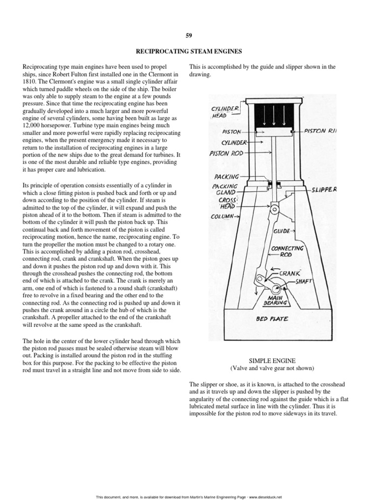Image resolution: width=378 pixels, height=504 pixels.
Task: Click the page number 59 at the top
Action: tap(189, 35)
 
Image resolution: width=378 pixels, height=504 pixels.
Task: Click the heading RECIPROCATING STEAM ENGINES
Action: tap(189, 50)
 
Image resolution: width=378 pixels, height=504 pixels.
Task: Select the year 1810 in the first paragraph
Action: tap(31, 82)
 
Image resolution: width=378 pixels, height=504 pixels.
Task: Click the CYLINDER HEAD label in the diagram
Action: tap(225, 112)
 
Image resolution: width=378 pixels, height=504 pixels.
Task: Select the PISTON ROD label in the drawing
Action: tap(226, 153)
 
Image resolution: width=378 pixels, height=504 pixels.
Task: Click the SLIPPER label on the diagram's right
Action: tap(324, 189)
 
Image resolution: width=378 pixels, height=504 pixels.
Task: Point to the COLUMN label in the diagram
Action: tap(223, 216)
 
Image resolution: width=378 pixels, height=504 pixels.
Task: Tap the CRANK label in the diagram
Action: tap(289, 273)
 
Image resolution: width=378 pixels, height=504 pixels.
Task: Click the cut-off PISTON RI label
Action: tap(320, 131)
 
